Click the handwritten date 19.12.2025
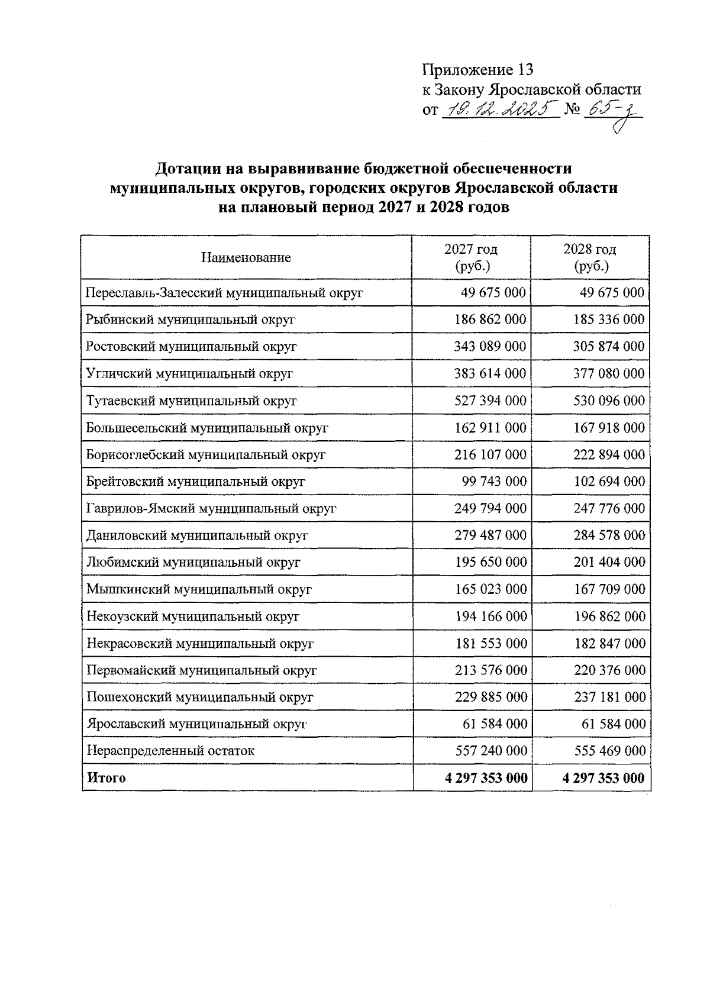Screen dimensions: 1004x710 click(500, 109)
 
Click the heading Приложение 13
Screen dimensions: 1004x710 click(477, 70)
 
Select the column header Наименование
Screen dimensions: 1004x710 click(246, 257)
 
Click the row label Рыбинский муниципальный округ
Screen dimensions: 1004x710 click(191, 319)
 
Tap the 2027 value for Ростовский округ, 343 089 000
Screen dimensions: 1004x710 click(490, 346)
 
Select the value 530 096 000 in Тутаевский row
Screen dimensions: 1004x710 click(609, 401)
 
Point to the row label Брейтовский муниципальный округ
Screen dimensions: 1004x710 click(196, 482)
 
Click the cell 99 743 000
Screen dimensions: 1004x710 click(494, 482)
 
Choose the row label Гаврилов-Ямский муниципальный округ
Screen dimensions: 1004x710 click(211, 508)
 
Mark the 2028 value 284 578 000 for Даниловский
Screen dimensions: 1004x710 click(609, 535)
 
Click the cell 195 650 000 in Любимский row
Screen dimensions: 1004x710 click(490, 562)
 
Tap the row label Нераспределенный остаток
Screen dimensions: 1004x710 click(170, 751)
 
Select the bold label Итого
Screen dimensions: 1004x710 click(106, 777)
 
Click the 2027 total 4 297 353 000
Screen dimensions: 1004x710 click(486, 777)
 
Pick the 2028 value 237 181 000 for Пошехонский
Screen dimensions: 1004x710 click(609, 697)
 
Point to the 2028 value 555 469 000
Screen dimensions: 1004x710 click(609, 751)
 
